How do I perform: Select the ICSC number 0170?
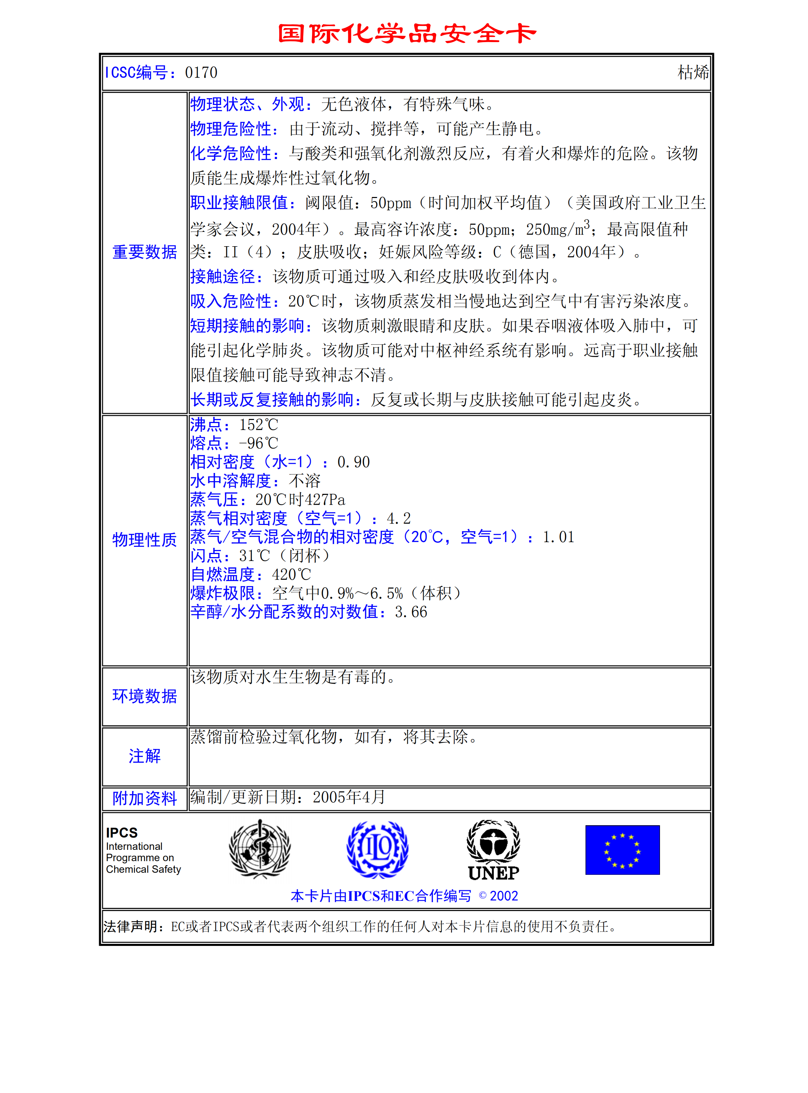[x=201, y=73]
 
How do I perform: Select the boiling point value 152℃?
[x=258, y=425]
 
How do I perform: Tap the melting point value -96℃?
[x=258, y=443]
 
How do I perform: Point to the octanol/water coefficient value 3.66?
[x=411, y=612]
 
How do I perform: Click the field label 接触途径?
[x=223, y=276]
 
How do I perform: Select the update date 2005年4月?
[x=349, y=797]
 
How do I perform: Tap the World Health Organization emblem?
[x=260, y=850]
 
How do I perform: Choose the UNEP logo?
[x=494, y=850]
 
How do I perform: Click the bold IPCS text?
[x=122, y=833]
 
